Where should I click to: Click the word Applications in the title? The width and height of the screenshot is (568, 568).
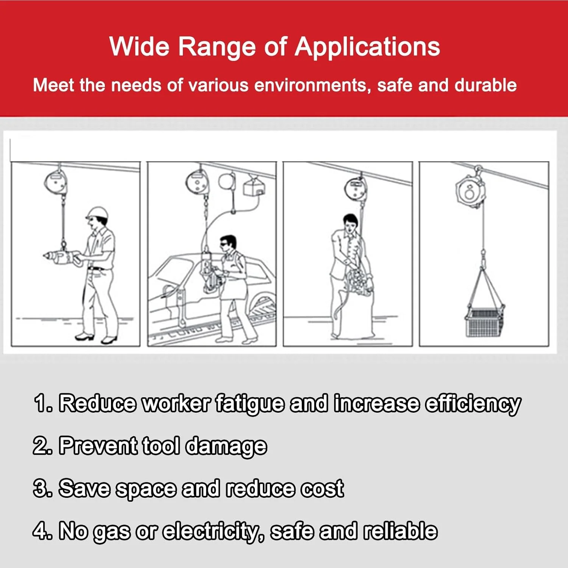pyautogui.click(x=367, y=47)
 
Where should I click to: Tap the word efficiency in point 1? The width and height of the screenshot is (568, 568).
pyautogui.click(x=473, y=404)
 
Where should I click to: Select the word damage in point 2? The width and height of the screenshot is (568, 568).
pyautogui.click(x=226, y=446)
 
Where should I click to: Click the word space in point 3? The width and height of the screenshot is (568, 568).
pyautogui.click(x=146, y=489)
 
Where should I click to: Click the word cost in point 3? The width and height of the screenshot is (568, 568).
pyautogui.click(x=322, y=488)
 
